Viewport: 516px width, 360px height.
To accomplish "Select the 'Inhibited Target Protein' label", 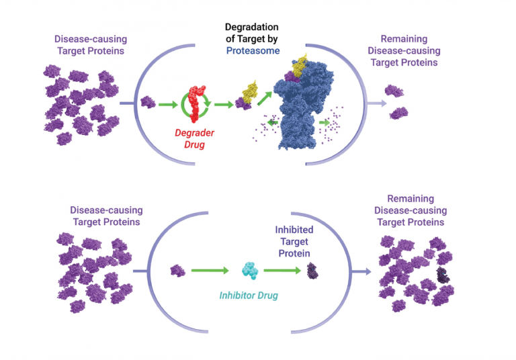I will [x=294, y=240].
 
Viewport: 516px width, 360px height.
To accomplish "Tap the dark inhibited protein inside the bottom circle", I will [x=313, y=271].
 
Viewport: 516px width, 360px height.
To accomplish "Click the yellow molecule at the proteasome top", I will [x=300, y=64].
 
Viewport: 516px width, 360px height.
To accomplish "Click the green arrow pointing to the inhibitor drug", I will [x=212, y=271].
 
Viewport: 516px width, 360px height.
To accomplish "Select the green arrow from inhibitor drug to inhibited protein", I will [x=282, y=271].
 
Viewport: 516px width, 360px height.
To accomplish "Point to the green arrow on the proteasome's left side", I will [x=273, y=123].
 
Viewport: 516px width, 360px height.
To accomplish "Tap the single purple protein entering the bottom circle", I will [x=177, y=270].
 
